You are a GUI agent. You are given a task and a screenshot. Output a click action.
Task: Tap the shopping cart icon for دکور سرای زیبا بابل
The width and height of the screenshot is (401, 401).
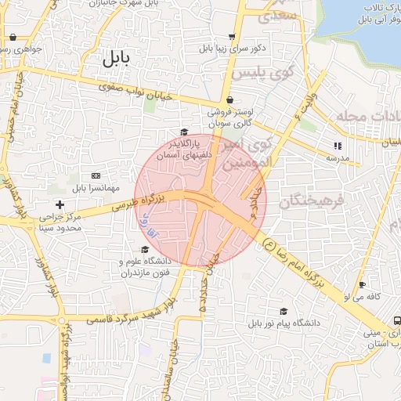coord(231,36)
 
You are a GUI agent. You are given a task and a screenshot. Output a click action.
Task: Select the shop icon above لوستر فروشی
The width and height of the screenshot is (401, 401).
coord(229,100)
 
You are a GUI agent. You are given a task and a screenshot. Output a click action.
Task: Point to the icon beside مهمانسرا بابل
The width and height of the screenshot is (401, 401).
coord(96,175)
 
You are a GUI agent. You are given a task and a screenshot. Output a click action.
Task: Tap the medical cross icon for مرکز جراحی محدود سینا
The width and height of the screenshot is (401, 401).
coord(60,204)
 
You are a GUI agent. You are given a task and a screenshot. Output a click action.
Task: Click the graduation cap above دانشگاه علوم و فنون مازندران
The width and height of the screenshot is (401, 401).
coord(144,249)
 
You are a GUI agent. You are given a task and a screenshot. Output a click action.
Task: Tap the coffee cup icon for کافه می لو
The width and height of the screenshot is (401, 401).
coord(361,284)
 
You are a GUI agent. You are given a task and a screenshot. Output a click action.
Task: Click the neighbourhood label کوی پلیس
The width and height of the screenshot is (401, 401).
coord(262,74)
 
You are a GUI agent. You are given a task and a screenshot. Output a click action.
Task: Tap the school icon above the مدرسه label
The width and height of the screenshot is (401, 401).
coord(338,145)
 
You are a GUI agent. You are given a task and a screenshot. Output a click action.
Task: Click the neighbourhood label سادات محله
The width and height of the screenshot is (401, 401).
coord(368,117)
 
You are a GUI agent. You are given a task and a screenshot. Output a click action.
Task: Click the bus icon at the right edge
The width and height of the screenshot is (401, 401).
coord(396,321)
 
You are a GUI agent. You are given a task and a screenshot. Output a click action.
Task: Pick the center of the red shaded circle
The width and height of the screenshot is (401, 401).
coord(200,200)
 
